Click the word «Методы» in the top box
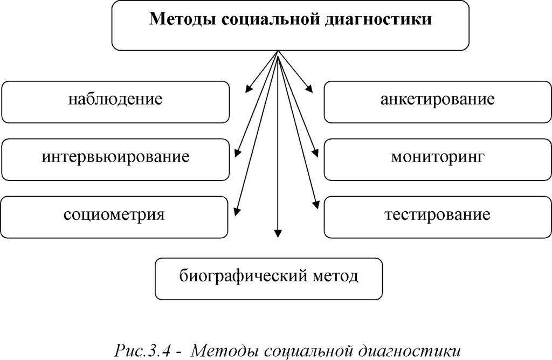pos(182,19)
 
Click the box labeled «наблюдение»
pos(115,101)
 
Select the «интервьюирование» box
pos(115,158)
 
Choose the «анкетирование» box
pos(437,101)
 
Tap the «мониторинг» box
pos(437,158)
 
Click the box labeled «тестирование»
pos(437,216)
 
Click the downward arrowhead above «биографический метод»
pos(278,233)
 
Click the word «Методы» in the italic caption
pos(219,351)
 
